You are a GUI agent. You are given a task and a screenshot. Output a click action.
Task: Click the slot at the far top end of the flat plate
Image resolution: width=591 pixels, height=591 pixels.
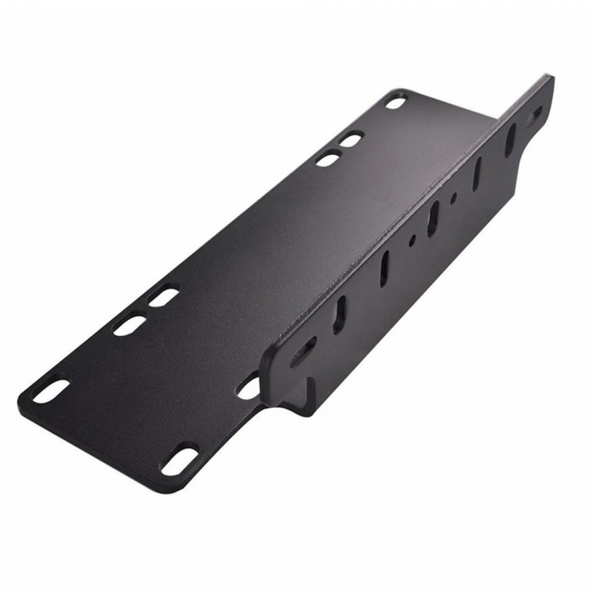pyautogui.click(x=395, y=102)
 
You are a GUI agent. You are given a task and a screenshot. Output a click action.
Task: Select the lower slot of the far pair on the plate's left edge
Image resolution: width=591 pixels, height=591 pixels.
pyautogui.click(x=328, y=158)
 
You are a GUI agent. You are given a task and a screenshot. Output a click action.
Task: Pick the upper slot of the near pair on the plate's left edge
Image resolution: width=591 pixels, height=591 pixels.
pyautogui.click(x=164, y=297)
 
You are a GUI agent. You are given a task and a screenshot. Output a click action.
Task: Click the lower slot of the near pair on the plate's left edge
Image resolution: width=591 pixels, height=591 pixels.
pyautogui.click(x=129, y=325)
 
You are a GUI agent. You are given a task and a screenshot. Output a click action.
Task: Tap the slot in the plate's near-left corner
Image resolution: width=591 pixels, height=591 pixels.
pyautogui.click(x=51, y=390)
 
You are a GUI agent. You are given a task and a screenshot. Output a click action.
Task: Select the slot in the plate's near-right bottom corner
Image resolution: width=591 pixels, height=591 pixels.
pyautogui.click(x=179, y=461)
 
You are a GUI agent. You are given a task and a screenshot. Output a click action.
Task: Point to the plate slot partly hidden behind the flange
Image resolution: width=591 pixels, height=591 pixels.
pyautogui.click(x=249, y=387)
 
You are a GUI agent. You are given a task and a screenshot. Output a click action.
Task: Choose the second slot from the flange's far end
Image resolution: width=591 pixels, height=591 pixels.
pyautogui.click(x=510, y=140)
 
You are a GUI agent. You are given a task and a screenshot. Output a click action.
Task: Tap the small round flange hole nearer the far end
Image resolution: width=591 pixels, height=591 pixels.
pyautogui.click(x=453, y=199)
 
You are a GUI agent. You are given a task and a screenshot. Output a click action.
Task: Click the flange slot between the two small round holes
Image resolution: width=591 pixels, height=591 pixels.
pyautogui.click(x=432, y=218)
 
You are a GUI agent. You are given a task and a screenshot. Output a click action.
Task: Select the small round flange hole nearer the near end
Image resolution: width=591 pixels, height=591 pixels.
pyautogui.click(x=412, y=240)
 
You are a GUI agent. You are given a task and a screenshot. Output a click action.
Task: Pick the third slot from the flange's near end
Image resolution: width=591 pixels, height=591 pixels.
pyautogui.click(x=385, y=268)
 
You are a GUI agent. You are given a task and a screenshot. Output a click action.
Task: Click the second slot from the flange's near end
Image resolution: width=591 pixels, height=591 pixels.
pyautogui.click(x=339, y=313)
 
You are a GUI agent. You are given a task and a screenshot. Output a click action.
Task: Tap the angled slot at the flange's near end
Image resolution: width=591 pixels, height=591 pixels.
pyautogui.click(x=303, y=350)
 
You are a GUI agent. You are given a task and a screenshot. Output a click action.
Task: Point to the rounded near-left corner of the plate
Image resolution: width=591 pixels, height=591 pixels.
pyautogui.click(x=25, y=404)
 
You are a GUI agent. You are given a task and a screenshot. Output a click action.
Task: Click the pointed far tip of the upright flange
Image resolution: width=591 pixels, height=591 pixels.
pyautogui.click(x=550, y=79)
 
